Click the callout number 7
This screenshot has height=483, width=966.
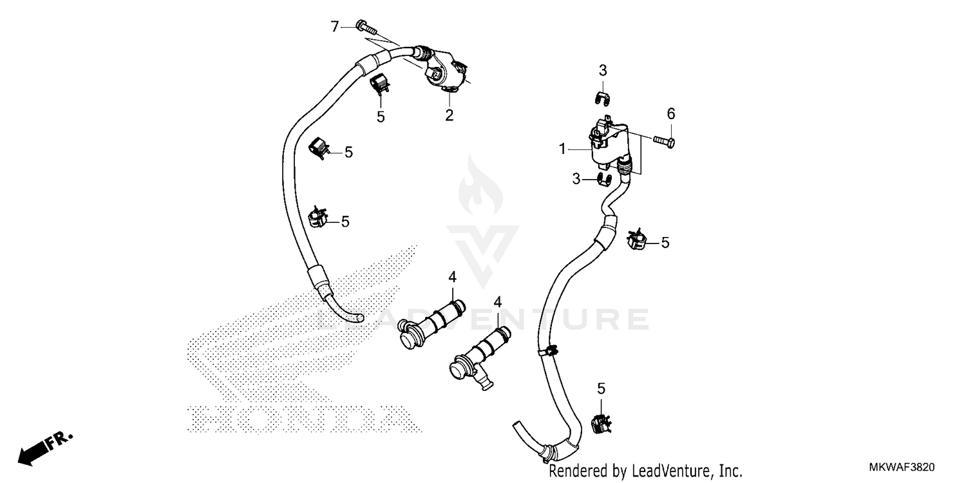coord(334,26)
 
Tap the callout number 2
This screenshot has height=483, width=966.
coord(449,115)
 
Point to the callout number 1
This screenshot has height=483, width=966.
coord(562,149)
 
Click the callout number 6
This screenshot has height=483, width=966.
coord(670,114)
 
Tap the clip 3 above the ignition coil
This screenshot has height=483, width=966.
coord(602,98)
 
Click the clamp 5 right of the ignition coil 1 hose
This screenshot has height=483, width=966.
coord(636,240)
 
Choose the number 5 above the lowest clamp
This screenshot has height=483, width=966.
coord(601,388)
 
